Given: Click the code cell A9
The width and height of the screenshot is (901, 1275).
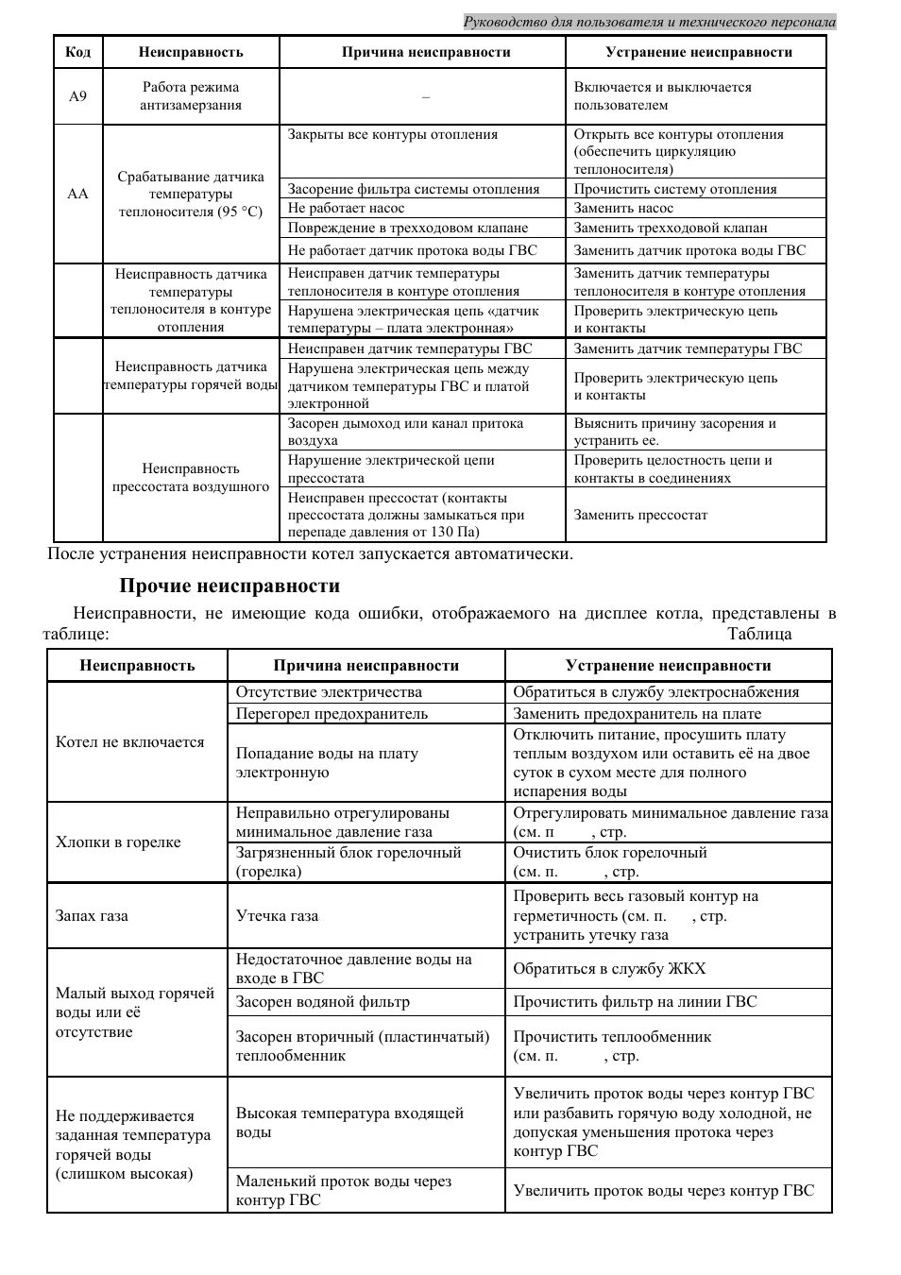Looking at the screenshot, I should coord(77,96).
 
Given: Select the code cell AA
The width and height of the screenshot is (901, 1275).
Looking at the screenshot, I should coord(77,194).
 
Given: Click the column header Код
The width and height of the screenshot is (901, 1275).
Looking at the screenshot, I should coord(77,53).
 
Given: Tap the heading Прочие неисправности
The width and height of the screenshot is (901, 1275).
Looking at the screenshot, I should coord(229,586).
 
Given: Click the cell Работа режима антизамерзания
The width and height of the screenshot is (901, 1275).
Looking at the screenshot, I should coord(191,96).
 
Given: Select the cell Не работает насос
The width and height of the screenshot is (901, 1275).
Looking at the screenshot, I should coord(346,209).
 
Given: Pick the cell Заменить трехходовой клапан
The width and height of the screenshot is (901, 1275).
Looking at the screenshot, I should coord(671,228).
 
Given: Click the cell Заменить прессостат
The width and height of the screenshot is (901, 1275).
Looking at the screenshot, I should coord(640,516).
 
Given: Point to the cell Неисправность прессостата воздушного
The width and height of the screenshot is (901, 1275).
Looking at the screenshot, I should coord(191,478).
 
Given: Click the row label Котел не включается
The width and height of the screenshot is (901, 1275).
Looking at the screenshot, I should coord(130,742).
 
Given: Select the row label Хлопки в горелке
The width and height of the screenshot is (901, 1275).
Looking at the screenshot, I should coord(118,842).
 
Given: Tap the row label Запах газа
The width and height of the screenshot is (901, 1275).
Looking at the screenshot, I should coord(92,916).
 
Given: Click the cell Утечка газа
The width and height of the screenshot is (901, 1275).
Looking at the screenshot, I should coord(277,916).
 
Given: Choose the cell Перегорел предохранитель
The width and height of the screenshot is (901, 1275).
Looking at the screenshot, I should coord(331,714).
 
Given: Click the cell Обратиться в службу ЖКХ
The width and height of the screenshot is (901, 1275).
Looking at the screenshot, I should coord(609,969).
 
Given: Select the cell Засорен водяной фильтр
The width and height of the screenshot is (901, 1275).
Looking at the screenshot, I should coord(323,1002).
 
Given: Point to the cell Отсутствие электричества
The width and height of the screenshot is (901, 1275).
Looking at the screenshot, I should coord(329,692).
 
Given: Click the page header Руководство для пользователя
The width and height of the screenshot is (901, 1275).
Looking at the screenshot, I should coord(649,22).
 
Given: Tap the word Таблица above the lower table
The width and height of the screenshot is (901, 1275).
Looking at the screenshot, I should coord(759,635).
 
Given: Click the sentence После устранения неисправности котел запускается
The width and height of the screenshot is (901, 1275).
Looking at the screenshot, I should coord(310,554).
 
